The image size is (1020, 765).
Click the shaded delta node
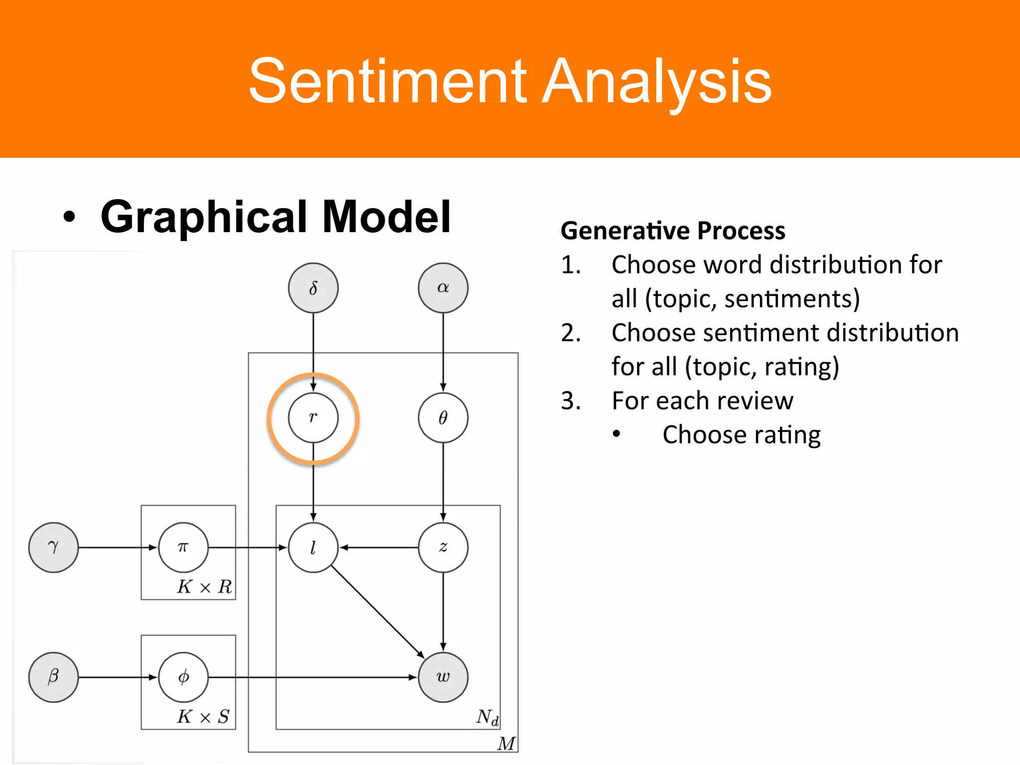click(313, 288)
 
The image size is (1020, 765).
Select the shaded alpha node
click(443, 288)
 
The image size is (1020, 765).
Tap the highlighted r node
click(313, 417)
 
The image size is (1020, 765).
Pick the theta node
click(443, 417)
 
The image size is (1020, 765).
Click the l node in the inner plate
click(313, 547)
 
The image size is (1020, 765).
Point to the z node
click(443, 547)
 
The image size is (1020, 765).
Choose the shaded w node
click(443, 677)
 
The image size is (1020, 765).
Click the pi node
click(183, 547)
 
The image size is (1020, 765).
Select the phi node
click(183, 677)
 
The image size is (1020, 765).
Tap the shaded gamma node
click(53, 547)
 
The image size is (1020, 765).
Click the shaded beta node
click(53, 677)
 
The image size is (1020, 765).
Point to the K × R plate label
click(204, 587)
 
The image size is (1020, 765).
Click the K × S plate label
click(203, 717)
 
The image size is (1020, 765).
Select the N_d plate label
click(487, 717)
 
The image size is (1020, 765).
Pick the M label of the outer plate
click(506, 744)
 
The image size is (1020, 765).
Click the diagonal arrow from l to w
click(378, 612)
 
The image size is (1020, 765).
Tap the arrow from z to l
click(379, 547)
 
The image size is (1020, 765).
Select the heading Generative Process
click(673, 231)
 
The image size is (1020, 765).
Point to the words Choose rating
click(741, 435)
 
